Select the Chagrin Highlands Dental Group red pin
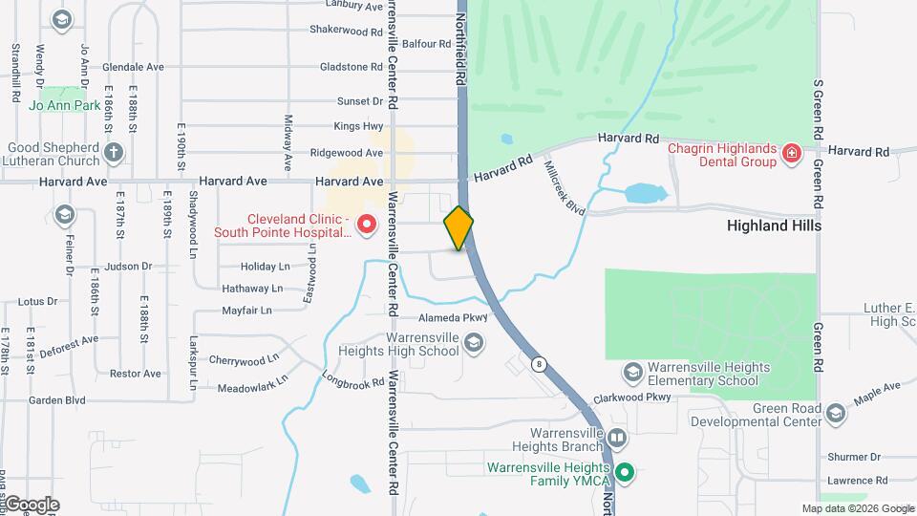pos(790,153)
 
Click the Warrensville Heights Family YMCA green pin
pos(625,472)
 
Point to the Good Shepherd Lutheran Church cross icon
pos(114,153)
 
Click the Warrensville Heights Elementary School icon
pos(631,372)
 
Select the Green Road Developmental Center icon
pos(836,412)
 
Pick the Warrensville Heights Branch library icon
pos(616,440)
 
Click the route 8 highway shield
pos(540,363)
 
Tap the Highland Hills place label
pos(774,226)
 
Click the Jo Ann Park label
pos(65,105)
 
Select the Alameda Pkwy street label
pos(453,318)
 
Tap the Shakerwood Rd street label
pos(346,31)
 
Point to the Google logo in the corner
pos(32,504)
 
